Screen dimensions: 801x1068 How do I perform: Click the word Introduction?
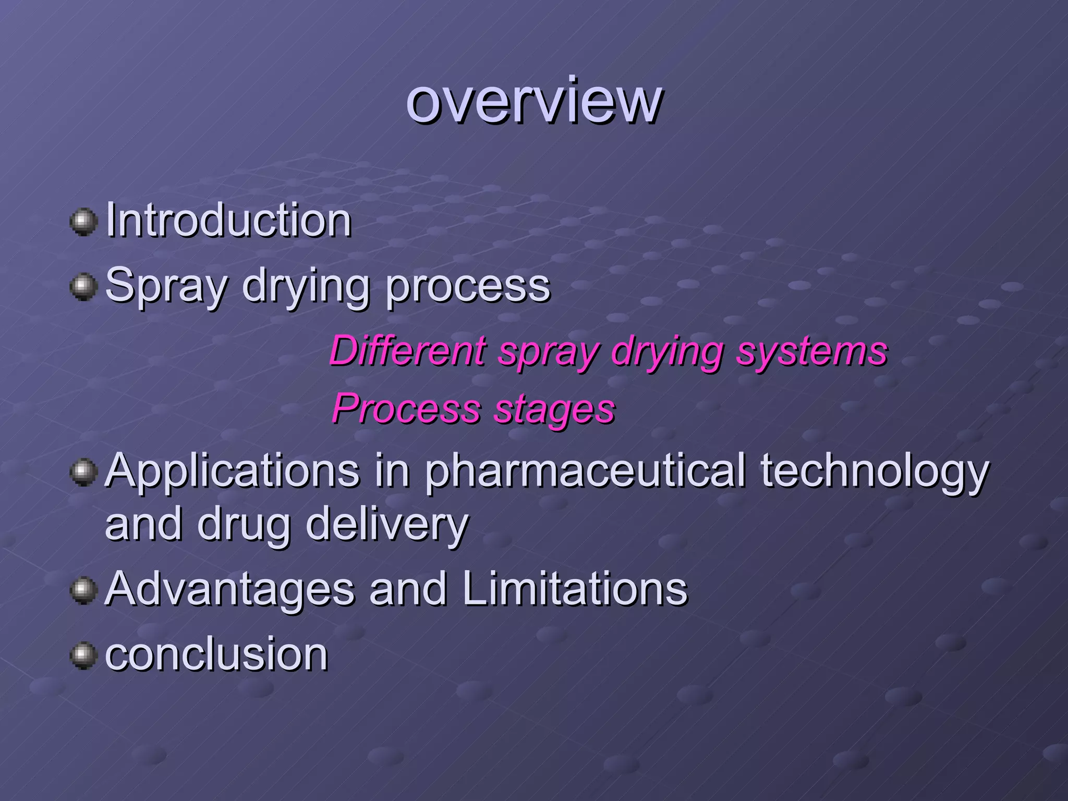[x=228, y=221]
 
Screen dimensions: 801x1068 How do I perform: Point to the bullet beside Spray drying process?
[x=83, y=287]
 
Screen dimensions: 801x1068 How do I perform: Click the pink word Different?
[x=407, y=351]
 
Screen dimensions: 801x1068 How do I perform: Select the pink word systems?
[x=811, y=352]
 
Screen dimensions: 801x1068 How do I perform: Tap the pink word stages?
[x=554, y=409]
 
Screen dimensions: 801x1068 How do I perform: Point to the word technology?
[x=875, y=471]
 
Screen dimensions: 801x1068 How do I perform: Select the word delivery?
[x=387, y=525]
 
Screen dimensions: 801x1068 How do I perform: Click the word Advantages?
[x=230, y=589]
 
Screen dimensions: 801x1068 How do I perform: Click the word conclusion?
[x=216, y=654]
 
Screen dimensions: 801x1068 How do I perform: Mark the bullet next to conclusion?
[x=83, y=656]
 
